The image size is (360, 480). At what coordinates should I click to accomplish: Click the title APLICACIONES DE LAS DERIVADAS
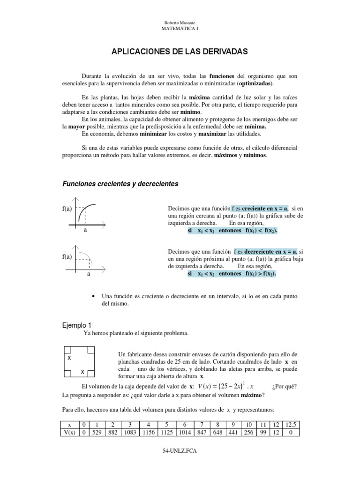(180, 51)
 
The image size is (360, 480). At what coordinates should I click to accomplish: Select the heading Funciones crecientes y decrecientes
(120, 184)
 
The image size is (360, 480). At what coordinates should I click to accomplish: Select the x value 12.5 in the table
(290, 424)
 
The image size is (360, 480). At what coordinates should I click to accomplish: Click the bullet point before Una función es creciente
(95, 297)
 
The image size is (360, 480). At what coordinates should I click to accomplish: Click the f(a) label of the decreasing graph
(65, 256)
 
